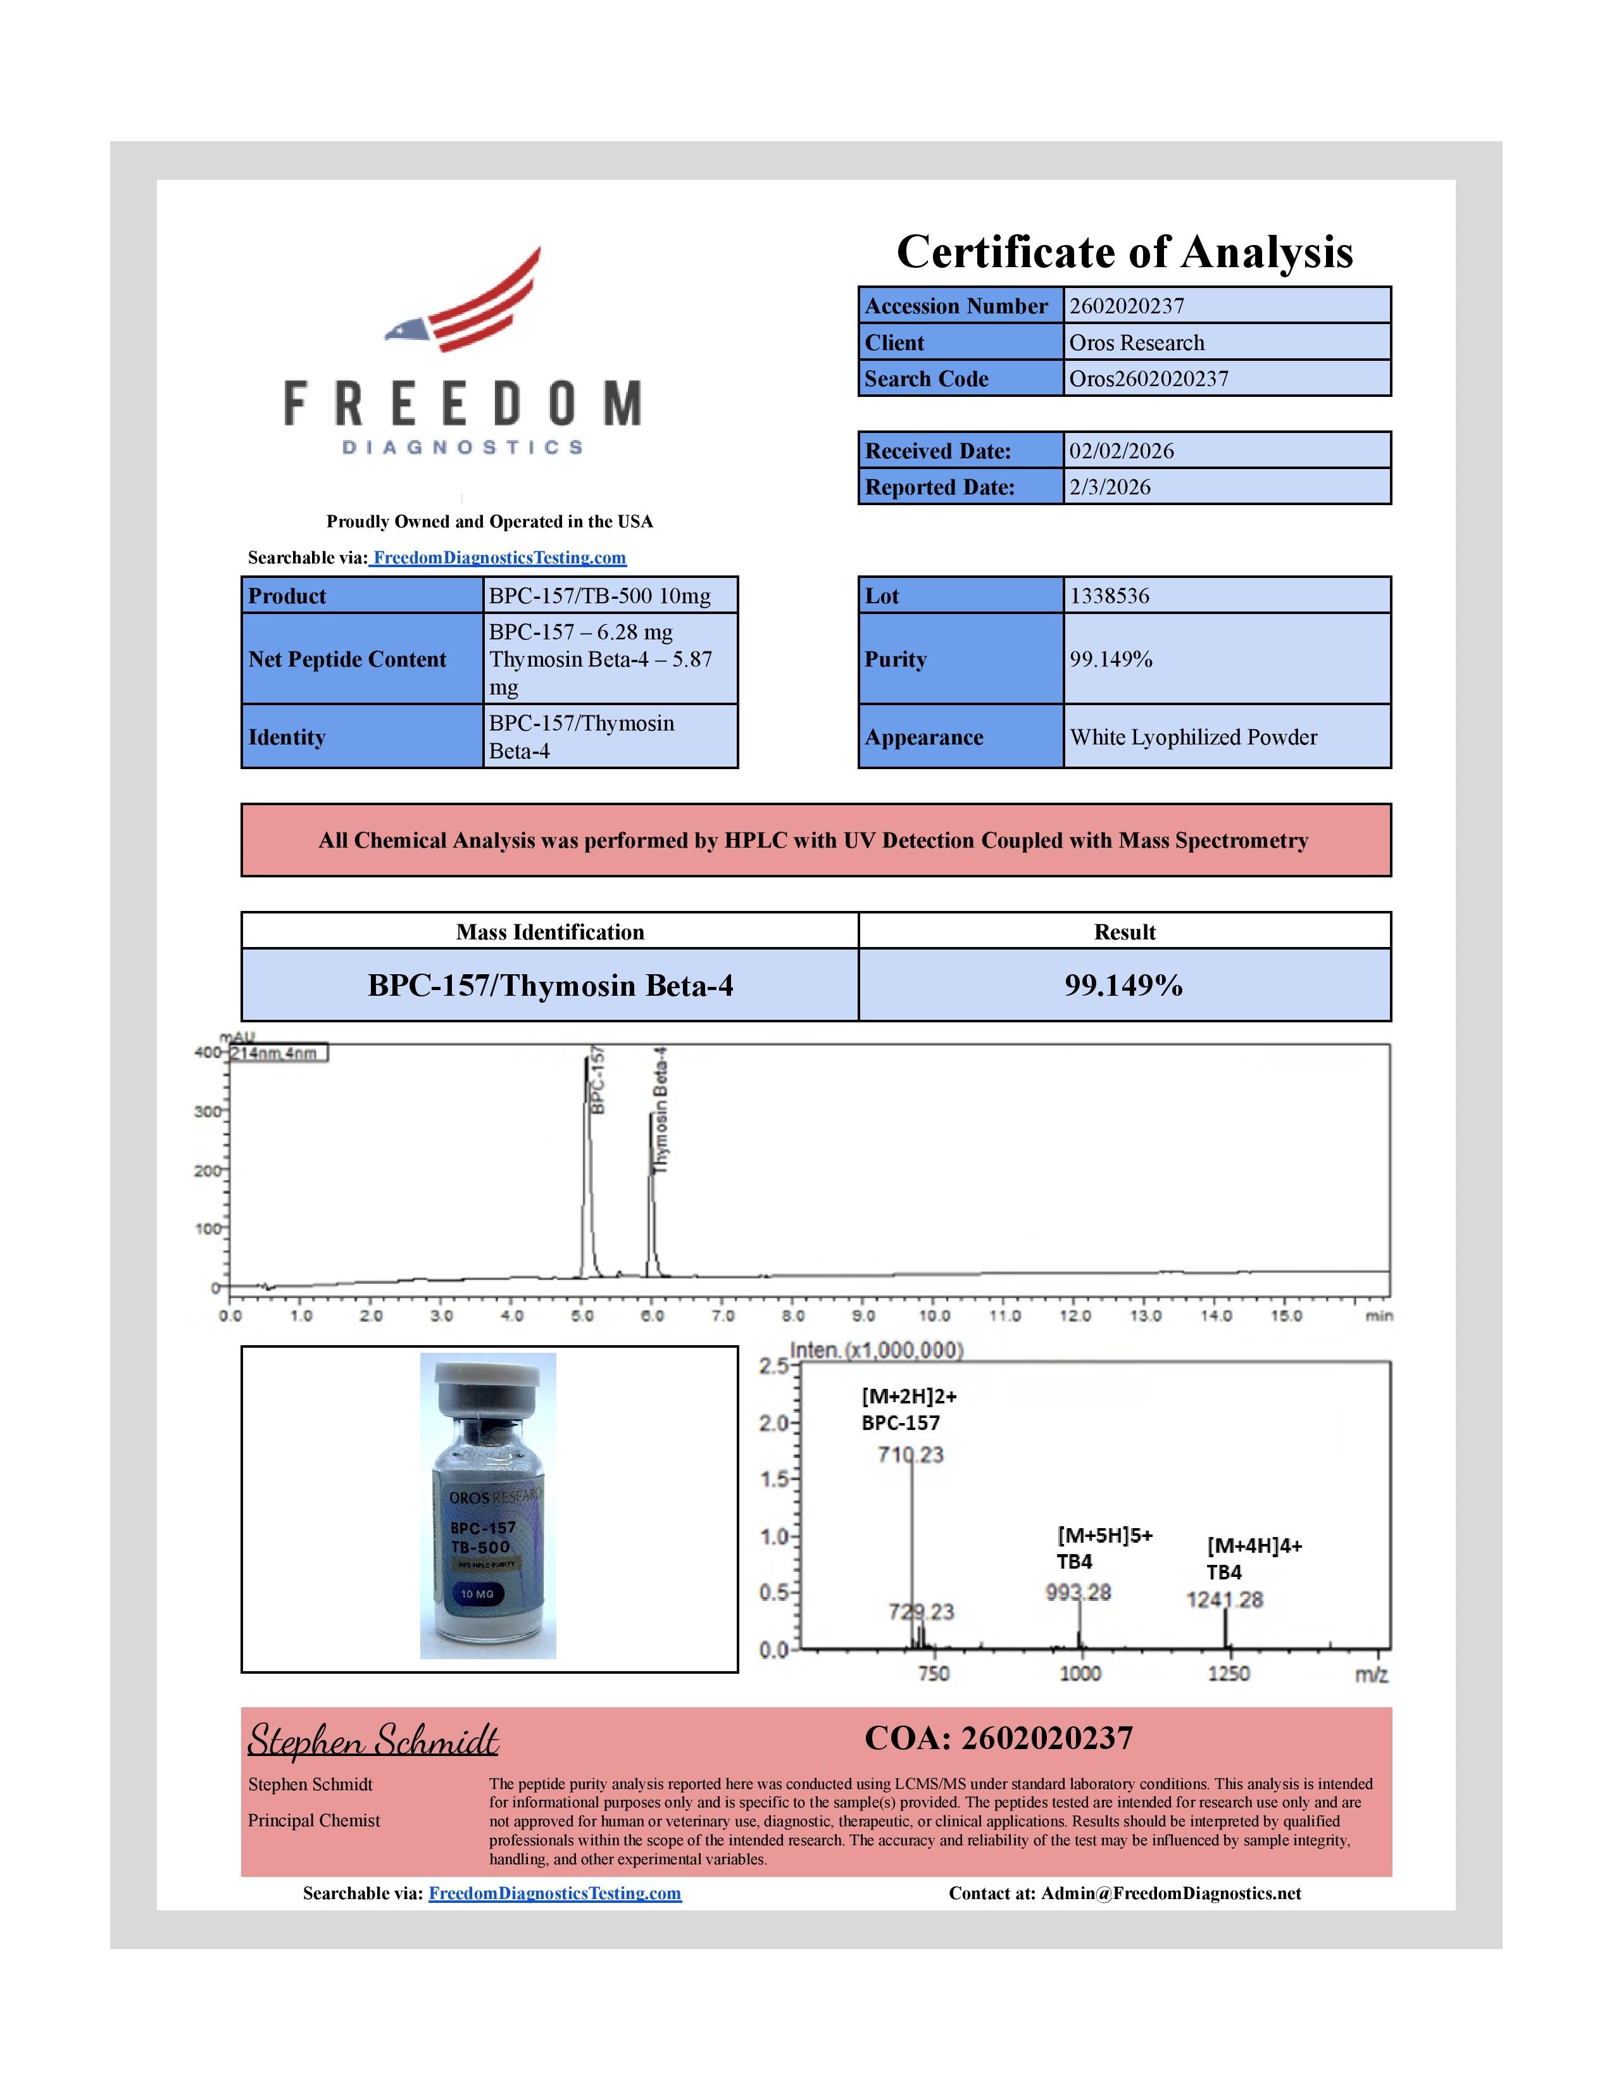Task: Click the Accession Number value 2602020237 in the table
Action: [1127, 306]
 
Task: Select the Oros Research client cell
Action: [1136, 342]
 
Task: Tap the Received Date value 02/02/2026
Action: [1120, 451]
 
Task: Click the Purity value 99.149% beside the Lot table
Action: [1111, 659]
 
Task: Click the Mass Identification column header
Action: [550, 932]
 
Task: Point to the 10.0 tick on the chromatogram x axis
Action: [934, 1315]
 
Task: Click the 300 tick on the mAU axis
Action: [206, 1112]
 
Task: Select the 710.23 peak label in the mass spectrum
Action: [910, 1455]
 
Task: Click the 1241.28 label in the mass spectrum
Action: [1224, 1599]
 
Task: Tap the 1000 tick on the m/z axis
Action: [1080, 1673]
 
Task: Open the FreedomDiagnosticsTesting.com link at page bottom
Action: [554, 1893]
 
